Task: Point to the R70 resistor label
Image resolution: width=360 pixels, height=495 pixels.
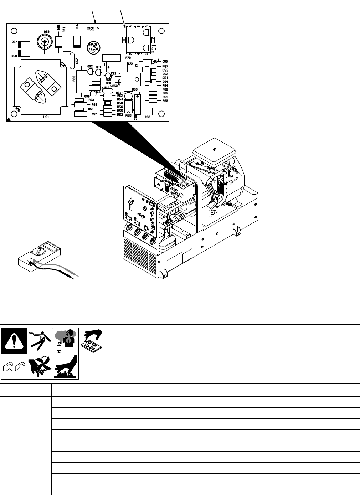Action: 128,57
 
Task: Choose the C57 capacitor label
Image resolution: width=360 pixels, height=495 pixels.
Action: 77,61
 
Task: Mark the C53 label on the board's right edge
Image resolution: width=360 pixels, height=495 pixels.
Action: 165,62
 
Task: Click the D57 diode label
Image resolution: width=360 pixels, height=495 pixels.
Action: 14,42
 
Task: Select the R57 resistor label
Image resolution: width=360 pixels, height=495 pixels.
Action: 94,114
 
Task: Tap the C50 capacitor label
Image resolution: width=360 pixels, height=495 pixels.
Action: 148,117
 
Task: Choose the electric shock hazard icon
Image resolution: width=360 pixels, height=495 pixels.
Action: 40,341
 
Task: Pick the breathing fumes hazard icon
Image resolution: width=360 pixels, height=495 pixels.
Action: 66,341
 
